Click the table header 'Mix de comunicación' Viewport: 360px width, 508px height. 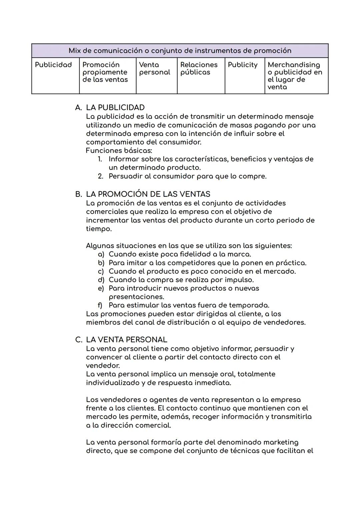click(x=180, y=51)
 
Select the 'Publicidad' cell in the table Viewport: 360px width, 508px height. click(x=53, y=65)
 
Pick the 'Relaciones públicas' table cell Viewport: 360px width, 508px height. click(x=199, y=69)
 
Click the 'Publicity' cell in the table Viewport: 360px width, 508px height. click(x=242, y=65)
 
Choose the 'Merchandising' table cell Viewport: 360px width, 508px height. click(x=295, y=76)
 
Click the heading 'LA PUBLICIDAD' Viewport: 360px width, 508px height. click(x=115, y=108)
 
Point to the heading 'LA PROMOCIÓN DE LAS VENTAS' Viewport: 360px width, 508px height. click(x=148, y=194)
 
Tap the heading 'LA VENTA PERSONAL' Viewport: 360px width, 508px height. click(x=126, y=340)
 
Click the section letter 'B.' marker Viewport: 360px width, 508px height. click(x=78, y=194)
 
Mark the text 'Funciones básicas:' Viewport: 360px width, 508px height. click(x=119, y=151)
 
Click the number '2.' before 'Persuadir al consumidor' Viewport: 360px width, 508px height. click(x=101, y=176)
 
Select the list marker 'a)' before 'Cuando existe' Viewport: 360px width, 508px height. click(x=101, y=254)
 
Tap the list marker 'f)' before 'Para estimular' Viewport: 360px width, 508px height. click(x=100, y=305)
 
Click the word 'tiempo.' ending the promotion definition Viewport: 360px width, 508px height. click(x=99, y=229)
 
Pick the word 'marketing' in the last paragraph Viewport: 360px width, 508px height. click(x=281, y=442)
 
